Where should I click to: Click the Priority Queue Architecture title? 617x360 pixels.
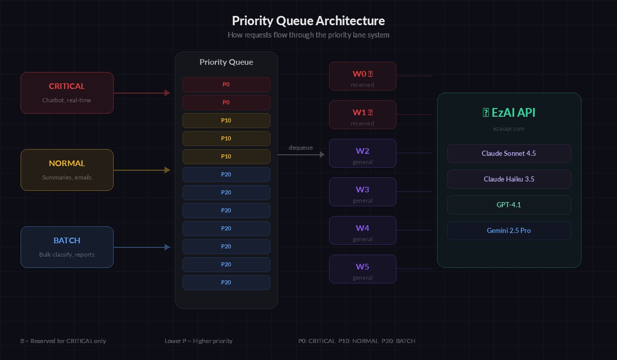click(x=308, y=21)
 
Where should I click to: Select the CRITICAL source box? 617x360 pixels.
click(x=67, y=93)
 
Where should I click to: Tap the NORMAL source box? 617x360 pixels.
click(x=67, y=170)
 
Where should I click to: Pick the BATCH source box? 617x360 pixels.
click(x=67, y=247)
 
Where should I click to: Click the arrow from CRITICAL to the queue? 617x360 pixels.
click(x=141, y=93)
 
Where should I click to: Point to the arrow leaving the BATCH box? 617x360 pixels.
click(x=141, y=247)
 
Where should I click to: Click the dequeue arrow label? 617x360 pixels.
click(x=301, y=148)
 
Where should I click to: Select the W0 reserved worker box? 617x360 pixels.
click(x=362, y=76)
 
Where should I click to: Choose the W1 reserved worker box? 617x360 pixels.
click(x=362, y=115)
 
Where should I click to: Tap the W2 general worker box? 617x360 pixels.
click(x=362, y=153)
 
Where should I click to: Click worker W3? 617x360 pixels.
click(x=362, y=192)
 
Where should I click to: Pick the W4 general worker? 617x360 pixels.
click(x=362, y=230)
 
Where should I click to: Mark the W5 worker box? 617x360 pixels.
click(x=362, y=269)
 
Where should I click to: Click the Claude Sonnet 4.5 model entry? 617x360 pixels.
click(x=509, y=153)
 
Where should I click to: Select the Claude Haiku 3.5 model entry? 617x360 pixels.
click(x=509, y=179)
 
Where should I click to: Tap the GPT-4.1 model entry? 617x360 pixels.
click(x=509, y=205)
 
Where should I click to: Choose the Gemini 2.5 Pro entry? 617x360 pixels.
click(x=509, y=230)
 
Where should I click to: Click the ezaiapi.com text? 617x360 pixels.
click(x=509, y=129)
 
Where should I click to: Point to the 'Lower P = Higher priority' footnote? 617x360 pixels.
click(x=198, y=341)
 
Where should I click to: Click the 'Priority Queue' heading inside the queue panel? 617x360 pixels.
click(x=226, y=62)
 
